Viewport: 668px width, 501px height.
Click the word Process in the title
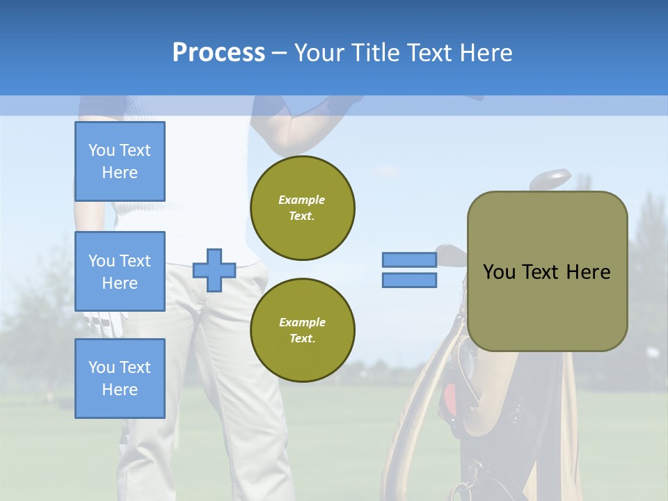pos(218,53)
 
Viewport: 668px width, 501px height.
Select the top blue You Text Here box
pos(120,161)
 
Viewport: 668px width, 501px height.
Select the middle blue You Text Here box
pos(120,271)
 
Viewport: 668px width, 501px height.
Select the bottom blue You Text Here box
pos(120,378)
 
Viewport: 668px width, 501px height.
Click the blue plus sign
pos(214,270)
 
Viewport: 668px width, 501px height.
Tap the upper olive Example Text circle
pos(303,208)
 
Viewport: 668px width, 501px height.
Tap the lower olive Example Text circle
pos(303,331)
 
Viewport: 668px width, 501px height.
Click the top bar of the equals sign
pos(410,260)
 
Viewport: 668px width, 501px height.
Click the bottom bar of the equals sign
pos(410,280)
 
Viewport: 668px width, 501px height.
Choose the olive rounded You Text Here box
pos(548,271)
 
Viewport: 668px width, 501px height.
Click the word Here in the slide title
pos(485,53)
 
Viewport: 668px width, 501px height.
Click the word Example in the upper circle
pos(302,200)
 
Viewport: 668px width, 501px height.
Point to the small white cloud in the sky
pos(386,171)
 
